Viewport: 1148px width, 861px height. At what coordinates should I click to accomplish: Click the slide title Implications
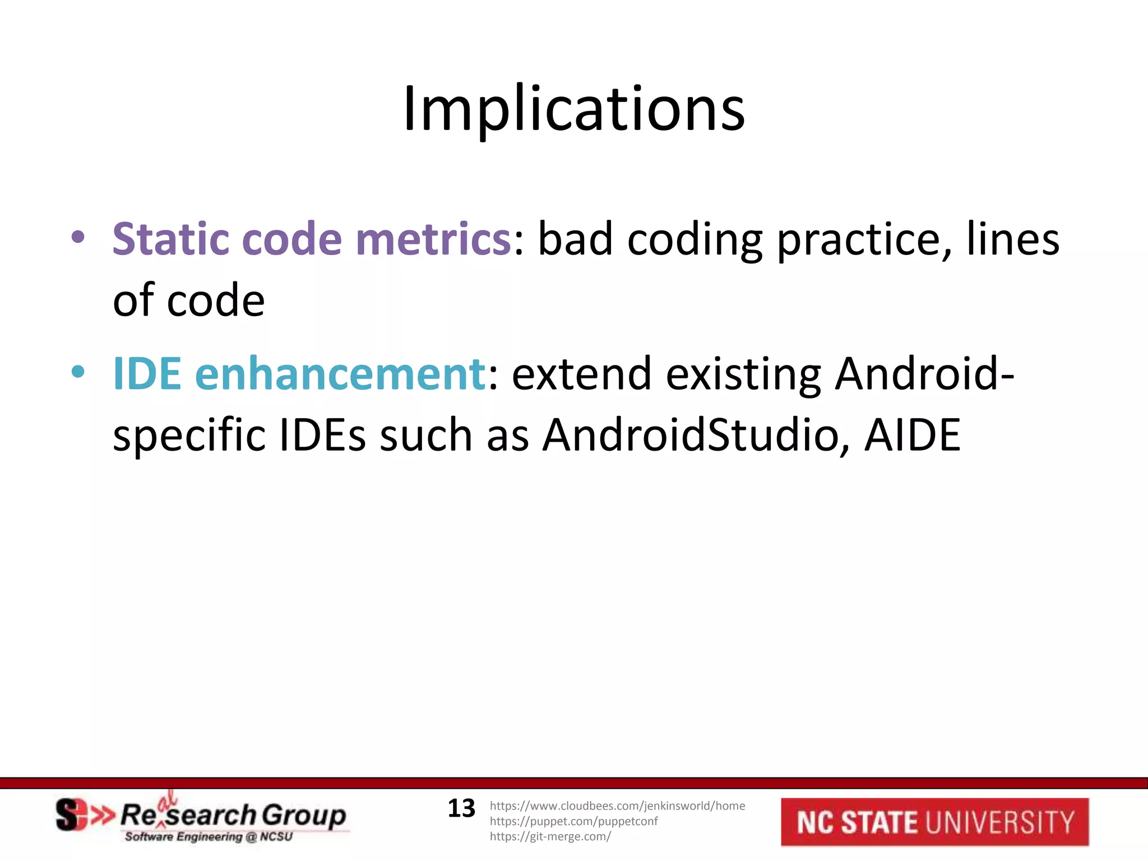coord(573,109)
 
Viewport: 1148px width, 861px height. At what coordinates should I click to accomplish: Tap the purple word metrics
coord(432,239)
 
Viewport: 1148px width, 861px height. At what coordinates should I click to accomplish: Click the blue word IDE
coord(147,374)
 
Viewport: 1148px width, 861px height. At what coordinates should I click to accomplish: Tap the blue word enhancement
coord(340,374)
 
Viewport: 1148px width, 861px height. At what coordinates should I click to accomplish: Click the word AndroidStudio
coord(695,436)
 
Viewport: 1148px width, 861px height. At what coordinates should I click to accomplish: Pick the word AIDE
coord(912,436)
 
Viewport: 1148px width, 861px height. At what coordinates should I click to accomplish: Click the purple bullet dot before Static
coord(78,237)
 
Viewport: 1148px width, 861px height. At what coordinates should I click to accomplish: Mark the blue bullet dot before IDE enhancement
coord(78,371)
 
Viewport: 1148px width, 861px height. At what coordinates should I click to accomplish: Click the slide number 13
coord(461,808)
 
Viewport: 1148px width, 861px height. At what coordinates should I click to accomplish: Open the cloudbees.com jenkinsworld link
coord(617,806)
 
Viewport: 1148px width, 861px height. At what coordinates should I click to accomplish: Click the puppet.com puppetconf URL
coord(573,821)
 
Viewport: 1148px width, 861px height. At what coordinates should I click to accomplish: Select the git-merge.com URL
coord(550,836)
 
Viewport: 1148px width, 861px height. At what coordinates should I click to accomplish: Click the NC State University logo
coord(934,822)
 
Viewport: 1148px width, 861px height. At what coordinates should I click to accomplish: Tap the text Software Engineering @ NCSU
coord(209,837)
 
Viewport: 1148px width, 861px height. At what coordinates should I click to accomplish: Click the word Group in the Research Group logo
coord(304,816)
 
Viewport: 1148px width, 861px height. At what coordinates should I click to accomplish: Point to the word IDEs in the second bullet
coord(322,436)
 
